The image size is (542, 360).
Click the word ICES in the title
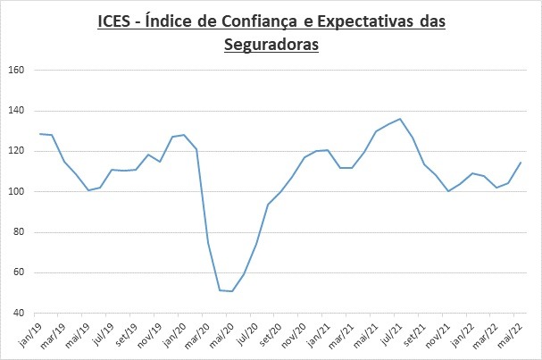click(116, 21)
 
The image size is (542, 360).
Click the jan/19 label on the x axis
click(30, 334)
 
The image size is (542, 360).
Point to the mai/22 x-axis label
click(516, 334)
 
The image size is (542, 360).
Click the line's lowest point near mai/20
click(232, 291)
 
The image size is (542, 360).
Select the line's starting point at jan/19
click(39, 134)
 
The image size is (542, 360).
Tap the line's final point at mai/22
click(521, 163)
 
